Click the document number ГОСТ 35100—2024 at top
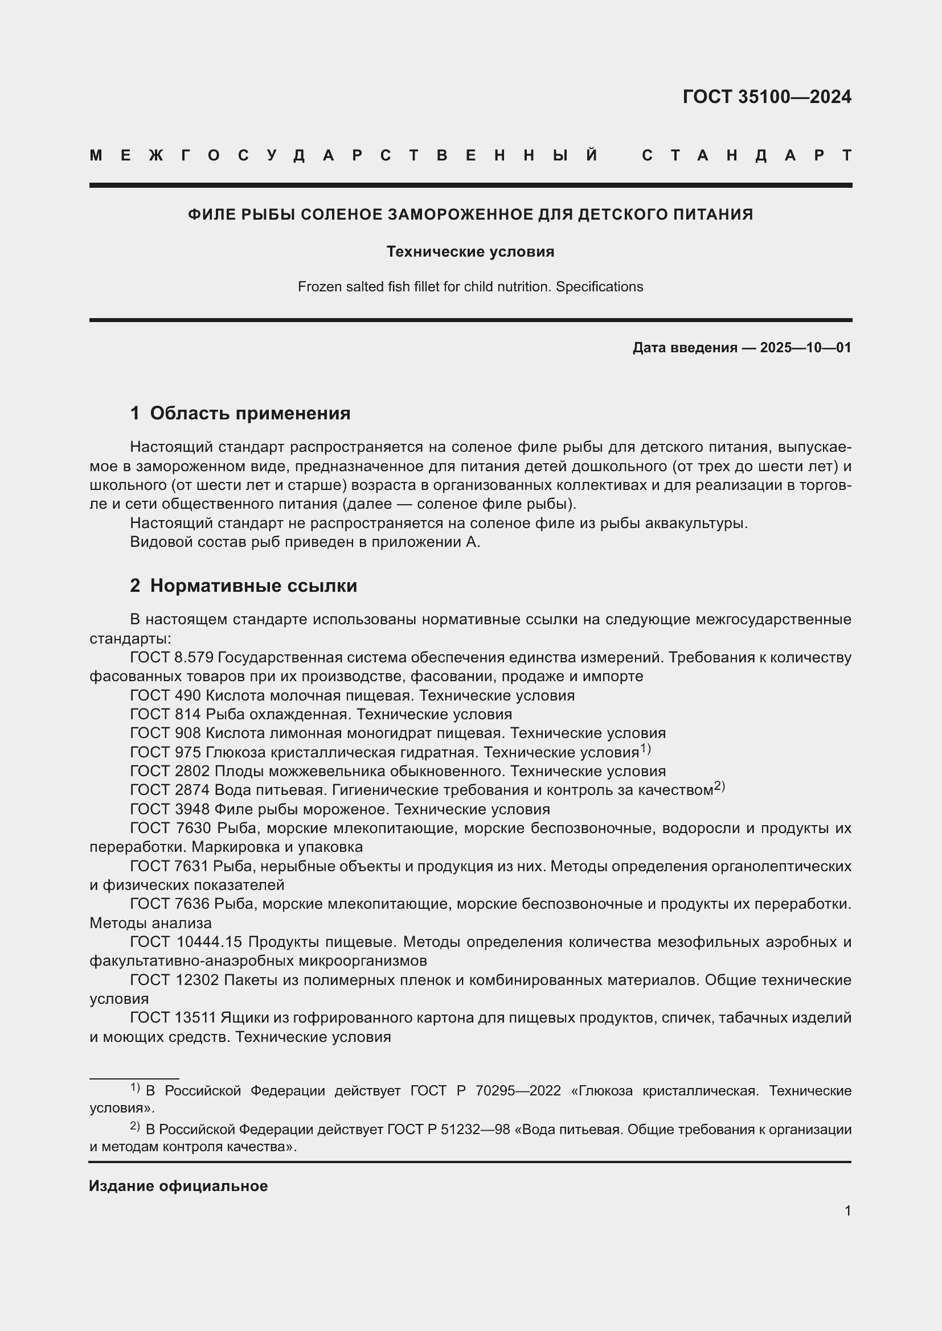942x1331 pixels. (x=766, y=96)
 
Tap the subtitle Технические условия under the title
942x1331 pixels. (x=470, y=252)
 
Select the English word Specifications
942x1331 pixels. (x=599, y=287)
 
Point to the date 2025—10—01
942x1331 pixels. (x=805, y=348)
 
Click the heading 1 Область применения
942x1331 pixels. (x=240, y=413)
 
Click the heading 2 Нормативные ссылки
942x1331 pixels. (x=244, y=586)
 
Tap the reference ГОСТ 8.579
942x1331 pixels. (x=171, y=657)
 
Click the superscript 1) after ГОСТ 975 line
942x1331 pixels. (x=645, y=749)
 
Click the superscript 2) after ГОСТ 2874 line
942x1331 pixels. (x=719, y=786)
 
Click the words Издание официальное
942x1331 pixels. (x=178, y=1186)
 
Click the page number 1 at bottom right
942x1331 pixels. (x=847, y=1210)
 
